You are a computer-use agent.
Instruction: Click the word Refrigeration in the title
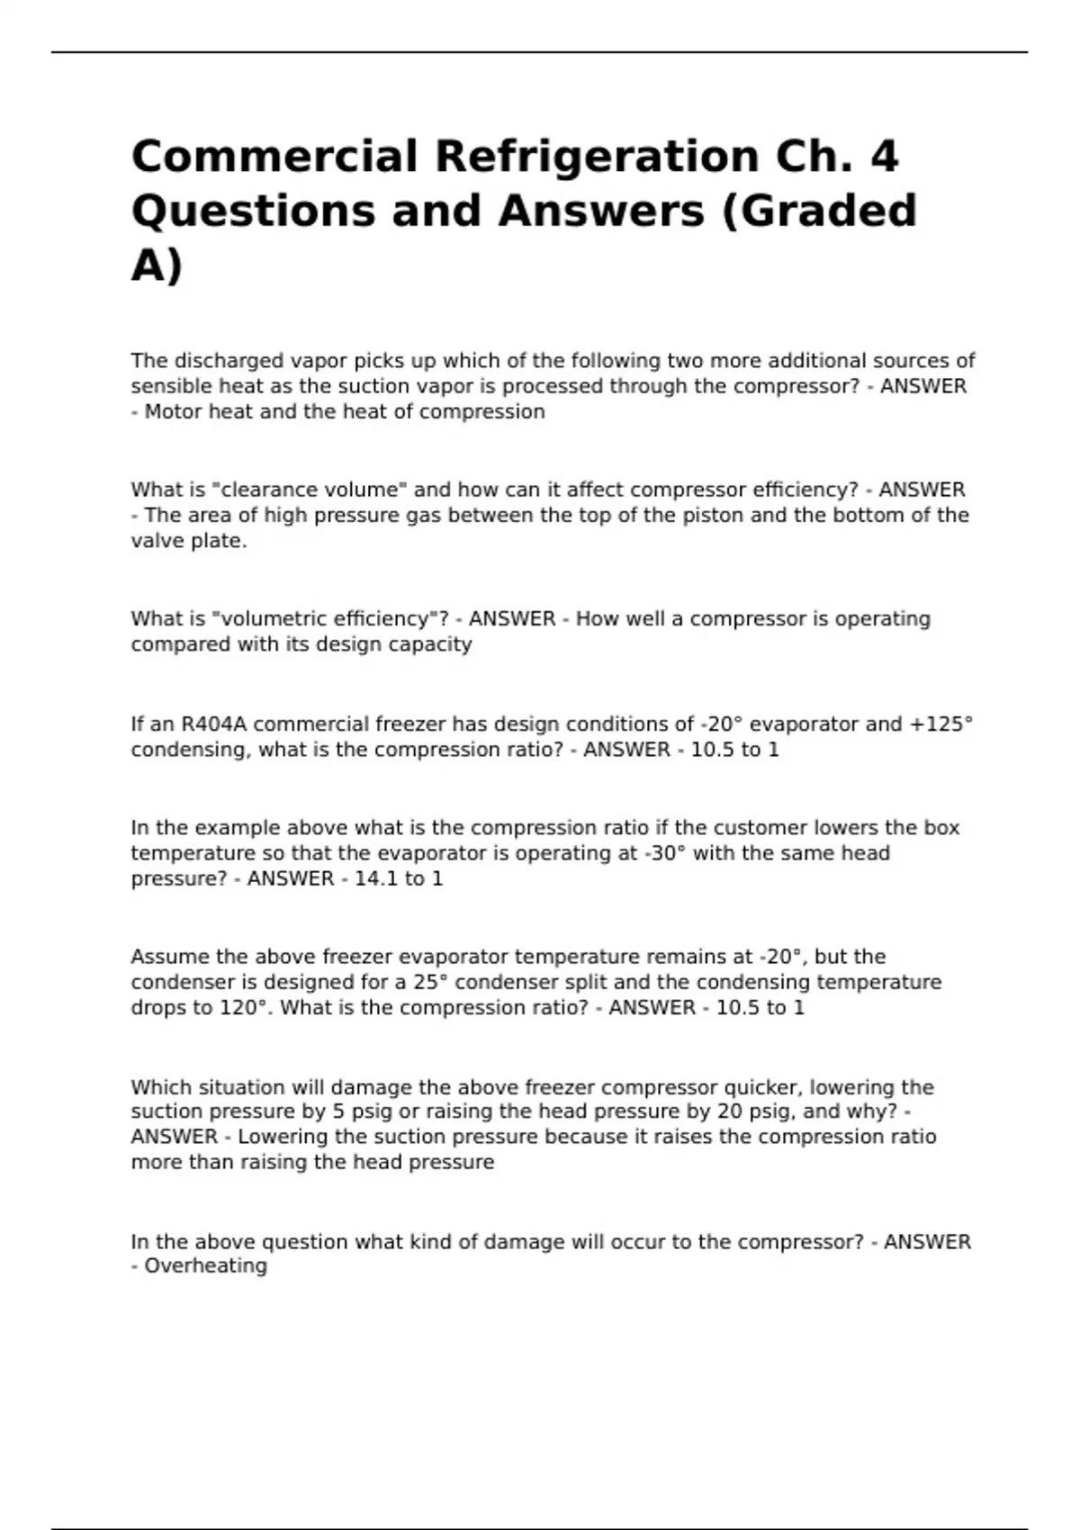pyautogui.click(x=597, y=157)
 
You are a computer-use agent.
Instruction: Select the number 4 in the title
pyautogui.click(x=885, y=157)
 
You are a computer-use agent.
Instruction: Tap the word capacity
pyautogui.click(x=429, y=644)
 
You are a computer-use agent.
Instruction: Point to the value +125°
pyautogui.click(x=941, y=724)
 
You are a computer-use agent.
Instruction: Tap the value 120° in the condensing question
pyautogui.click(x=245, y=1008)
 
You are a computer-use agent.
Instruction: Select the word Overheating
pyautogui.click(x=206, y=1266)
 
